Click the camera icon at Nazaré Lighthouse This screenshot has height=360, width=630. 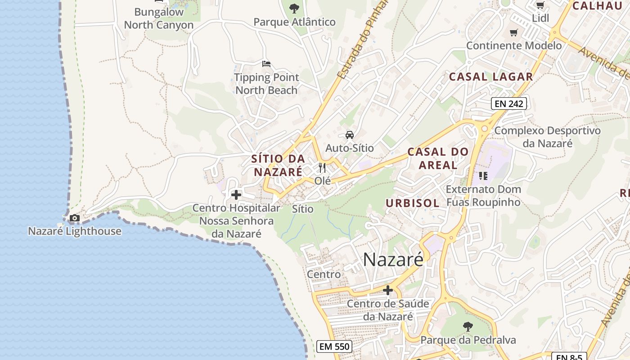pyautogui.click(x=74, y=218)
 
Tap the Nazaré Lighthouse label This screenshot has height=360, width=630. pyautogui.click(x=75, y=231)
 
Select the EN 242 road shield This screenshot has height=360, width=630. pyautogui.click(x=508, y=103)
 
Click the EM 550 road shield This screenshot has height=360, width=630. pyautogui.click(x=334, y=346)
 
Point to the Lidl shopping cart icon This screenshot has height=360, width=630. pyautogui.click(x=540, y=5)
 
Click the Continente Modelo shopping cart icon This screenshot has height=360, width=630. pyautogui.click(x=513, y=32)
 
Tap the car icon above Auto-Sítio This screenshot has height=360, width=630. pyautogui.click(x=349, y=135)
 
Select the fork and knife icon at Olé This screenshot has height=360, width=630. pyautogui.click(x=322, y=168)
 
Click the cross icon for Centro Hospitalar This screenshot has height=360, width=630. pyautogui.click(x=236, y=195)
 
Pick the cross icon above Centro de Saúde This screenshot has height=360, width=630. pyautogui.click(x=388, y=290)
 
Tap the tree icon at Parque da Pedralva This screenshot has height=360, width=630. pyautogui.click(x=468, y=326)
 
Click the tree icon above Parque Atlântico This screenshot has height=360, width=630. pyautogui.click(x=294, y=8)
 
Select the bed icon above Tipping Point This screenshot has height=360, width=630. pyautogui.click(x=266, y=64)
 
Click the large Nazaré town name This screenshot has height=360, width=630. pyautogui.click(x=393, y=260)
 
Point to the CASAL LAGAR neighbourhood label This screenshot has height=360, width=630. pyautogui.click(x=491, y=76)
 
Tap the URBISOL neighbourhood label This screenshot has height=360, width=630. pyautogui.click(x=412, y=203)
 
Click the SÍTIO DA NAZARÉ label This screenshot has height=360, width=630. pyautogui.click(x=278, y=165)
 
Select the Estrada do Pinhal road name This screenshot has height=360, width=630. pyautogui.click(x=363, y=40)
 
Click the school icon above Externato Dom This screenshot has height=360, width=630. pyautogui.click(x=483, y=175)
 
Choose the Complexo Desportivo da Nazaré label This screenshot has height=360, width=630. pyautogui.click(x=547, y=137)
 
